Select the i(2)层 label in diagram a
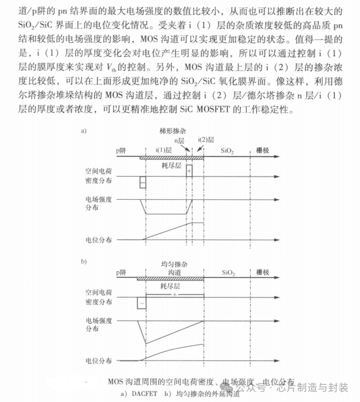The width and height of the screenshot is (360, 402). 206,140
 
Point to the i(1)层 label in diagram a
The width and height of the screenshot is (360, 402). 165,149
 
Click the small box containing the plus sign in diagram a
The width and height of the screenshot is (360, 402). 189,170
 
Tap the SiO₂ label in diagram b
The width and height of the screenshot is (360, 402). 229,271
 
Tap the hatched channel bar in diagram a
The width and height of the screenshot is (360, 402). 171,157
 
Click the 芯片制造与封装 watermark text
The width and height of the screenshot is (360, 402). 312,387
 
